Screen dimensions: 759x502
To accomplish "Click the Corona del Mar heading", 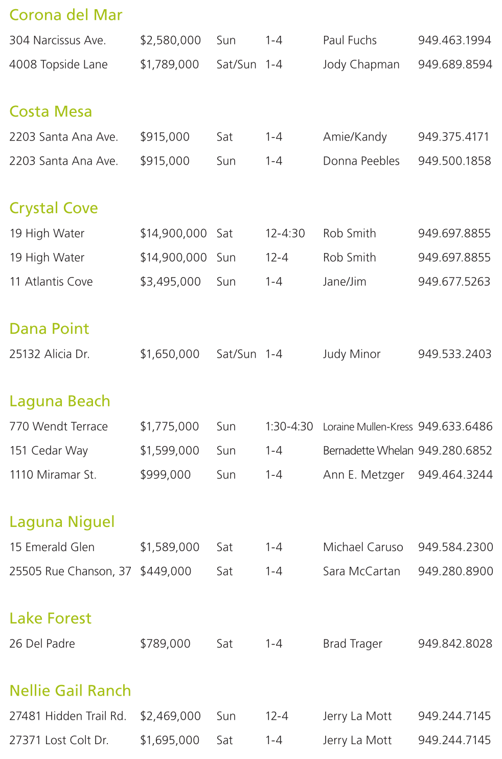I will [66, 15].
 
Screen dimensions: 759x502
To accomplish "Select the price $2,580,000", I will [170, 40].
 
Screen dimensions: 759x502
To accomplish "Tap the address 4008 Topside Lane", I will [58, 64].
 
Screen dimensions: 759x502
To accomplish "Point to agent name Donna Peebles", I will [361, 161].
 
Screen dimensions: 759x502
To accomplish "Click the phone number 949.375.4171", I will [453, 137].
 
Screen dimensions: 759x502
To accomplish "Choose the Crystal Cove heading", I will [54, 208].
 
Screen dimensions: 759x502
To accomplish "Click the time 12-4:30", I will [285, 234].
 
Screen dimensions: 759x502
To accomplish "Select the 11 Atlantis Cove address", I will [51, 282].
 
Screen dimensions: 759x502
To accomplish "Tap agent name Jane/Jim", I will [345, 282].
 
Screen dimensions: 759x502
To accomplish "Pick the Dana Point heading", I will [49, 329].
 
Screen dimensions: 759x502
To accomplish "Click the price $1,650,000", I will [170, 354].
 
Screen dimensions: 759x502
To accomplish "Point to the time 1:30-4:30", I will [289, 427].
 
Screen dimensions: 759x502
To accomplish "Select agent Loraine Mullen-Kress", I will [368, 427].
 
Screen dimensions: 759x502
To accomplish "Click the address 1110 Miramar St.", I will [53, 475].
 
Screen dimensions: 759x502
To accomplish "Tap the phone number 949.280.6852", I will [455, 451].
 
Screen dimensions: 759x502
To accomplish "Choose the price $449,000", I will [166, 571].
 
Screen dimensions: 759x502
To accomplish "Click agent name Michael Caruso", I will [363, 547].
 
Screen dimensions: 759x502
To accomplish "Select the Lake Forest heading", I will [50, 618].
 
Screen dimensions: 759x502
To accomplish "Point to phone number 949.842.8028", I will [455, 644].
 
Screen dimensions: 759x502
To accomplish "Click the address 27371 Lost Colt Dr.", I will [59, 741].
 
